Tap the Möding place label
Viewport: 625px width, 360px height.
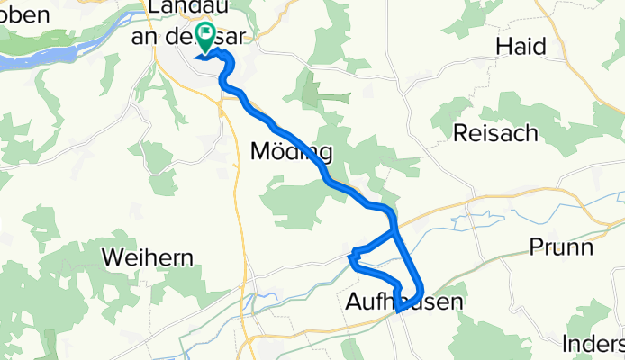(x=290, y=151)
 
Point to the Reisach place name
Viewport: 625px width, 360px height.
(x=495, y=133)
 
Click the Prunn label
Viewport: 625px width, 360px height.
(x=561, y=246)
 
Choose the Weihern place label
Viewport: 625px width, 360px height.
(x=148, y=257)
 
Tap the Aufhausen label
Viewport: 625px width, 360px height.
(x=403, y=303)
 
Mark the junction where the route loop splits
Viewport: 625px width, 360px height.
(x=394, y=232)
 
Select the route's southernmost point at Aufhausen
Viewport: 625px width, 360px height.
(x=397, y=311)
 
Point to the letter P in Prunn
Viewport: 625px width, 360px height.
(x=535, y=246)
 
